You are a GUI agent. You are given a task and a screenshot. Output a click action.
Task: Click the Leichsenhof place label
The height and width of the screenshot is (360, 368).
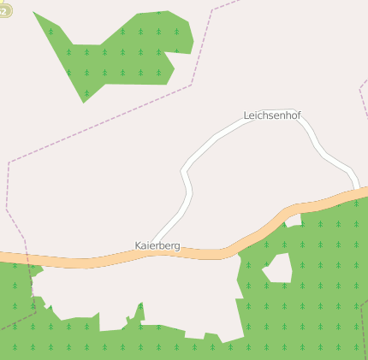click(272, 115)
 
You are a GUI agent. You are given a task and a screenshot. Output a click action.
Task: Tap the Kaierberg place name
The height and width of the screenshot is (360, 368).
click(157, 245)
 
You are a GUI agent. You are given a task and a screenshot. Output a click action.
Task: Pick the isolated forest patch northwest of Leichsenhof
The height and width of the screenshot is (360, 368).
click(120, 51)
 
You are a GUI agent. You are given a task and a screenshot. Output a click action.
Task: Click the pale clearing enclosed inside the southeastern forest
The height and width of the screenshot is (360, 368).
click(279, 269)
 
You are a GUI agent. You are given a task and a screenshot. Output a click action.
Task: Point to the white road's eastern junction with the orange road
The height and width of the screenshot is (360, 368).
click(358, 191)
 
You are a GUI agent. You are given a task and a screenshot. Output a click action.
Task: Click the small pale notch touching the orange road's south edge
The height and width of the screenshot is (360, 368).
click(294, 221)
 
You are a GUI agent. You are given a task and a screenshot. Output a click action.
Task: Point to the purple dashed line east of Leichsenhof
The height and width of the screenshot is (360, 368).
click(359, 86)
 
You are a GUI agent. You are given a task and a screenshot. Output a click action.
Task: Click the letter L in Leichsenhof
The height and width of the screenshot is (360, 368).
click(246, 115)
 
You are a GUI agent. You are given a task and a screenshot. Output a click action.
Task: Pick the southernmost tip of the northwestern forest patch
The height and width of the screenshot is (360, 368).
click(84, 102)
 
